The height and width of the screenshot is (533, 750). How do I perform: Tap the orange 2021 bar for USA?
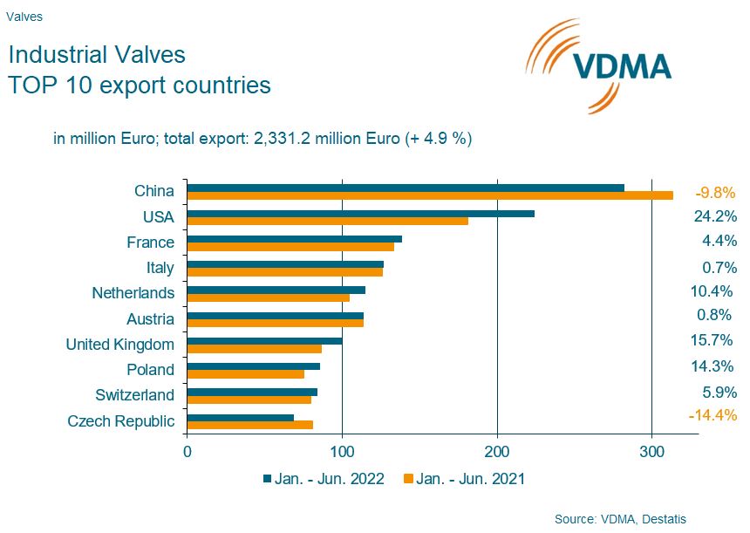pos(328,221)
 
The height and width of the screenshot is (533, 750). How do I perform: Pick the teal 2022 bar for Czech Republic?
pos(241,417)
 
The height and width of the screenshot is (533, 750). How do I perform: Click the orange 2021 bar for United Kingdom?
pos(255,349)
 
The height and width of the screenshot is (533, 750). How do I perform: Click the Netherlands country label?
pos(133,293)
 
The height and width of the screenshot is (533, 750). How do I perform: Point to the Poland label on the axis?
pos(150,370)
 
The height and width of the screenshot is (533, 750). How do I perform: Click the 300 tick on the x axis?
pos(651,452)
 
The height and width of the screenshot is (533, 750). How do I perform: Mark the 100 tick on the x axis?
pos(343,452)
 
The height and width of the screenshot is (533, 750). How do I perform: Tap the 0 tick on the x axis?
pos(187,452)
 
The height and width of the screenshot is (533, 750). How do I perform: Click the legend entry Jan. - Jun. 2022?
pos(324,478)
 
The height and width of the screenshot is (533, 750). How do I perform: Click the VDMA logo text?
pos(621,66)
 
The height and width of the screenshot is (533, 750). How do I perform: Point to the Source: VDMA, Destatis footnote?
pos(620,519)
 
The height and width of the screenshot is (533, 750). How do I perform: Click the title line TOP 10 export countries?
pos(140,85)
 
